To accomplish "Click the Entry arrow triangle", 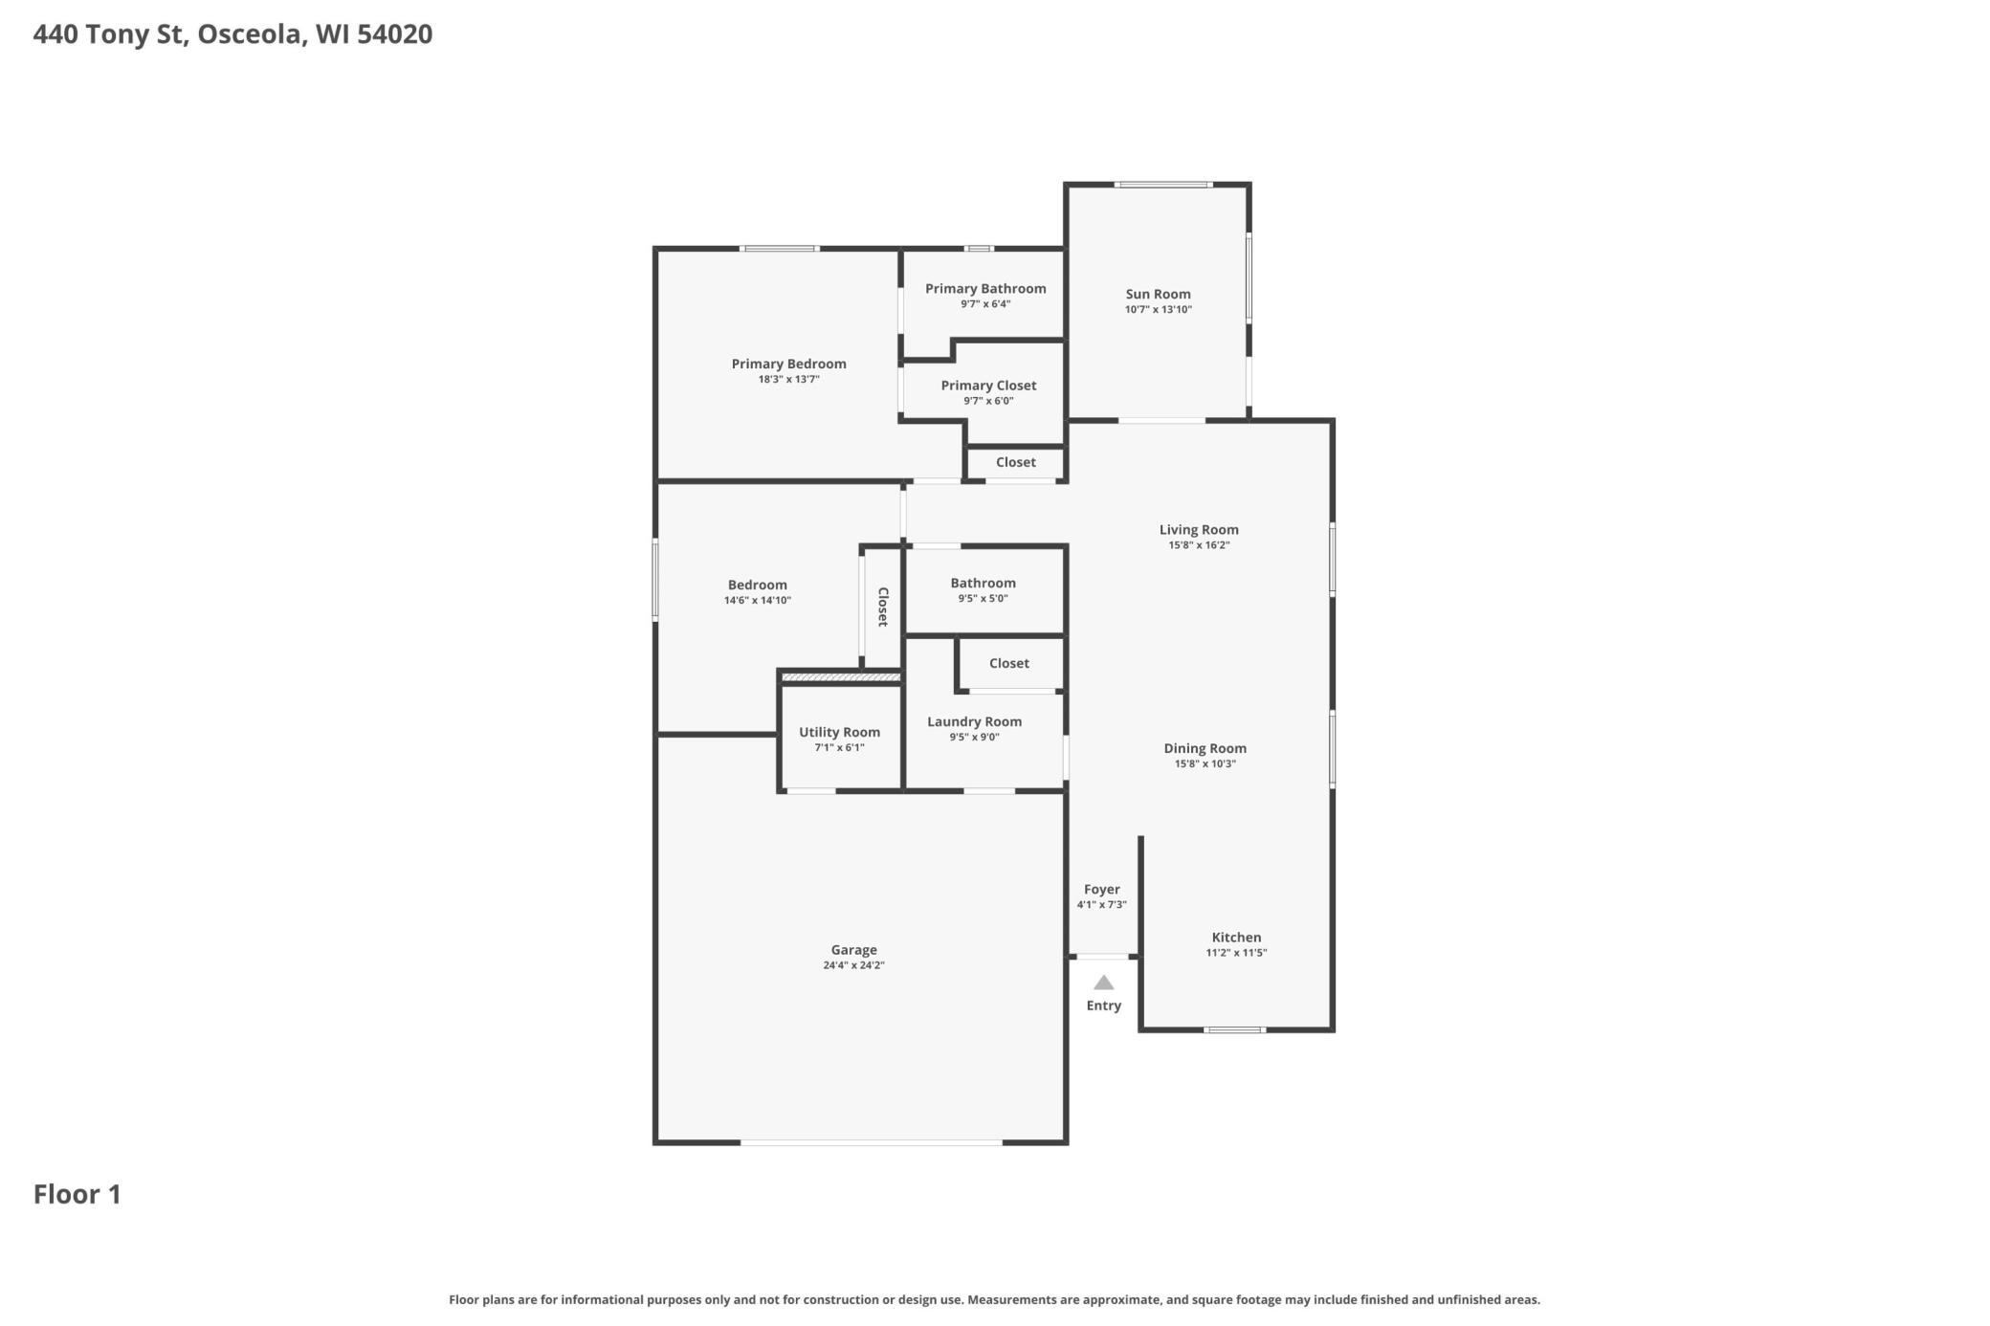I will click(x=1103, y=983).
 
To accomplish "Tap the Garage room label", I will click(x=853, y=950).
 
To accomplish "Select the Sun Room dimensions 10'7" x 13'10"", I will click(x=1158, y=310).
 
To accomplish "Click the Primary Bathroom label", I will click(x=984, y=288).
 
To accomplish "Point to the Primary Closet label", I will click(x=988, y=386).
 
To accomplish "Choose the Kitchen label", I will click(x=1236, y=938).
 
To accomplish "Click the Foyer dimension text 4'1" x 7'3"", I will click(x=1101, y=905).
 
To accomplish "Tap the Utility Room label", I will click(x=839, y=732).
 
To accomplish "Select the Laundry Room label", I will click(x=974, y=721).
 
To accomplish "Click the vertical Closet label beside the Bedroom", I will click(x=883, y=607).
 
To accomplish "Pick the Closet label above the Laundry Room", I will click(x=1008, y=663).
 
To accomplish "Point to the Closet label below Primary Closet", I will click(x=1015, y=462).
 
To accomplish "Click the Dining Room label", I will click(x=1205, y=748).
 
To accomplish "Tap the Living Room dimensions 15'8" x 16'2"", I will click(x=1199, y=545).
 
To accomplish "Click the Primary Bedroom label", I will click(x=788, y=364).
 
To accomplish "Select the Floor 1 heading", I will click(x=77, y=1194).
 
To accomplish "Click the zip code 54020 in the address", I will click(x=394, y=34).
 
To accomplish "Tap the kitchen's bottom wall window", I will click(x=1234, y=1030).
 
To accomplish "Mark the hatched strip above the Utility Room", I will click(x=841, y=677).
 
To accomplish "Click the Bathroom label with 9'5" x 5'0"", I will click(x=983, y=583).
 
